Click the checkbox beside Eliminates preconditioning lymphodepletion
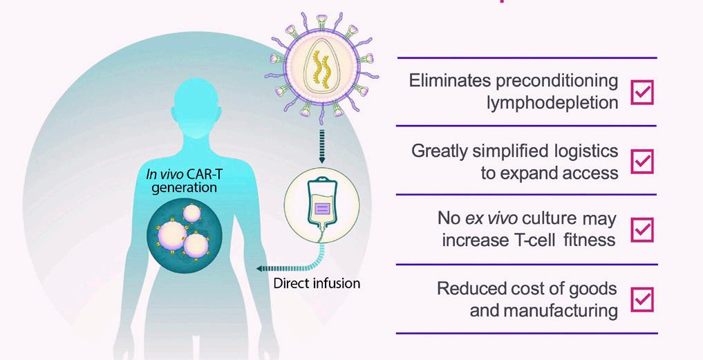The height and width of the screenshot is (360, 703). (642, 92)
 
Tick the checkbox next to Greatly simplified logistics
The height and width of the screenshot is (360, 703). (642, 162)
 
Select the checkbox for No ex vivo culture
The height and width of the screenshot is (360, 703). (642, 230)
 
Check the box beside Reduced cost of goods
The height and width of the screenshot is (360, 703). (642, 300)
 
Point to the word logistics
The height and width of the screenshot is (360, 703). (582, 151)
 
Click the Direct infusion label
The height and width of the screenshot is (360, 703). (317, 283)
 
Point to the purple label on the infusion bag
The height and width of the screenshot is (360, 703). (322, 208)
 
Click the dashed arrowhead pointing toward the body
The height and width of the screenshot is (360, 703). (258, 268)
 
